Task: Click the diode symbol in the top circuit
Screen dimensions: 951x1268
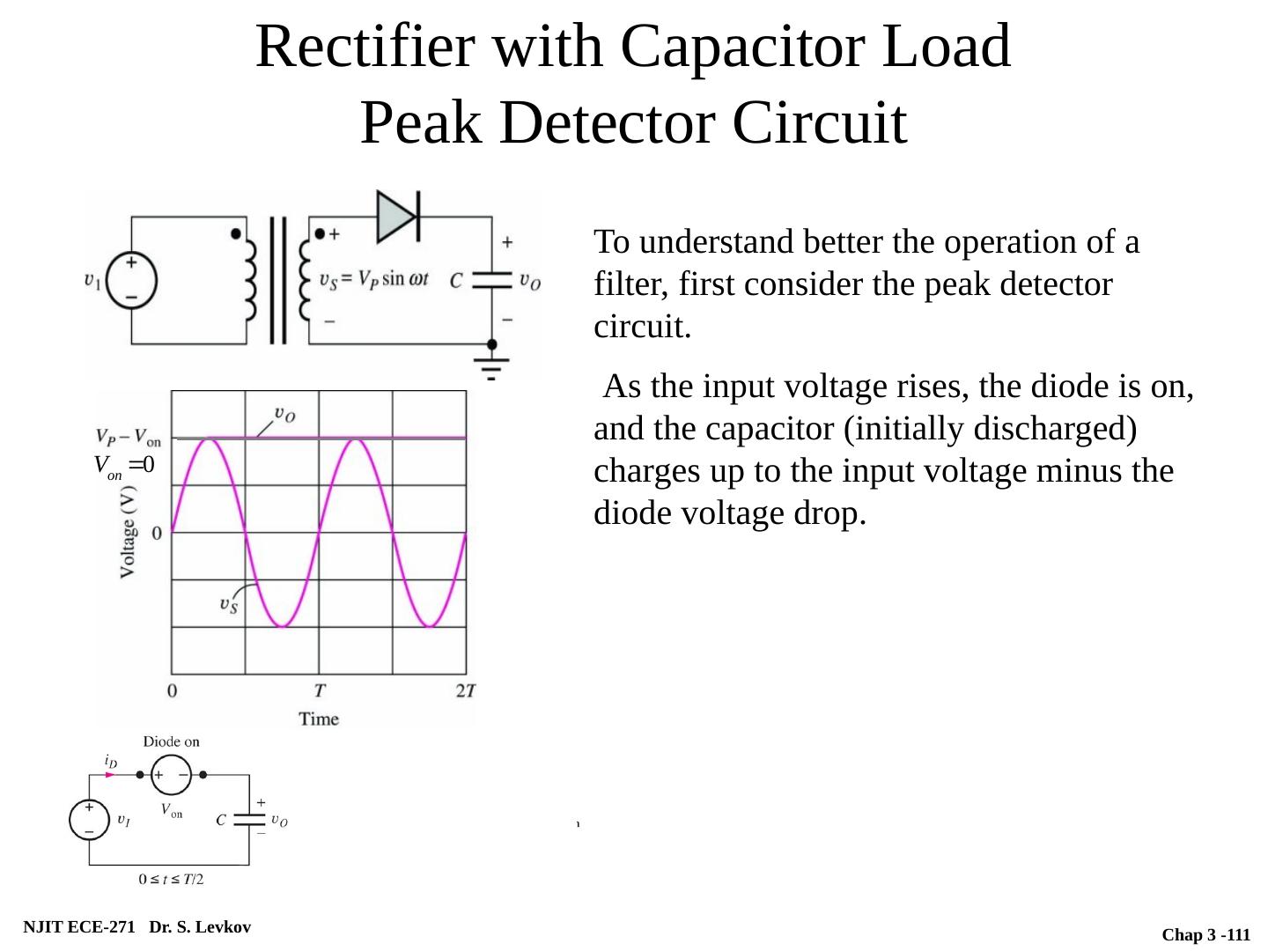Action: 396,216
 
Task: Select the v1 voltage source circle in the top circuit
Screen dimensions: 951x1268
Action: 131,281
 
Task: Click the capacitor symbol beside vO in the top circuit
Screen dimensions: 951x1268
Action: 491,280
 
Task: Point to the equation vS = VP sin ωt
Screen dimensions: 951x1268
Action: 374,279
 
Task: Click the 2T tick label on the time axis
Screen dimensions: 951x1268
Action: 466,690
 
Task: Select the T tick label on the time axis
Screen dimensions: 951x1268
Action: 320,690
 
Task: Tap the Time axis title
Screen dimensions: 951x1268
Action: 319,719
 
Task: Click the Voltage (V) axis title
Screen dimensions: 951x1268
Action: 129,533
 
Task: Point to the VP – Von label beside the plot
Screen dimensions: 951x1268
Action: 129,437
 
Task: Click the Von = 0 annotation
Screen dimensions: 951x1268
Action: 124,466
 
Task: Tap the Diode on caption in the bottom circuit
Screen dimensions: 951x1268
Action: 171,741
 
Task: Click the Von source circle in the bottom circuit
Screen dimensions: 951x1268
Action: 171,775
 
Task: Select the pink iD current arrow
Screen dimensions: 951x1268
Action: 110,775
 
